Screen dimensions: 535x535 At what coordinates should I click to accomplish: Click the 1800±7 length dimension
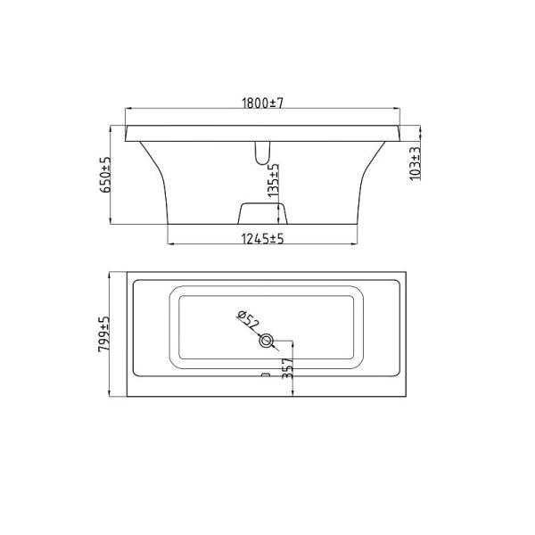click(262, 103)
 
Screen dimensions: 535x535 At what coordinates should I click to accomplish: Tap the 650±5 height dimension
click(105, 175)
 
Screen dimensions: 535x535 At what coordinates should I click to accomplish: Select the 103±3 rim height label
click(415, 163)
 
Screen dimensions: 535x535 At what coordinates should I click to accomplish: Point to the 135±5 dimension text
click(274, 180)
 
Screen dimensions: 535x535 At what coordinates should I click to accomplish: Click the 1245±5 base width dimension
click(262, 239)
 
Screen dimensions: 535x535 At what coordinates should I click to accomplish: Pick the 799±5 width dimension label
click(103, 334)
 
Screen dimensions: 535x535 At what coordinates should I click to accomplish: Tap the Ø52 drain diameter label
click(249, 320)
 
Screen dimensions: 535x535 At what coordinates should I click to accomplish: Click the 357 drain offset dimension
click(288, 368)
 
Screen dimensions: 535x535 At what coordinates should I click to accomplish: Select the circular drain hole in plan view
click(266, 341)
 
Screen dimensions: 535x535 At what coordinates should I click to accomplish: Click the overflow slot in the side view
click(262, 153)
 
